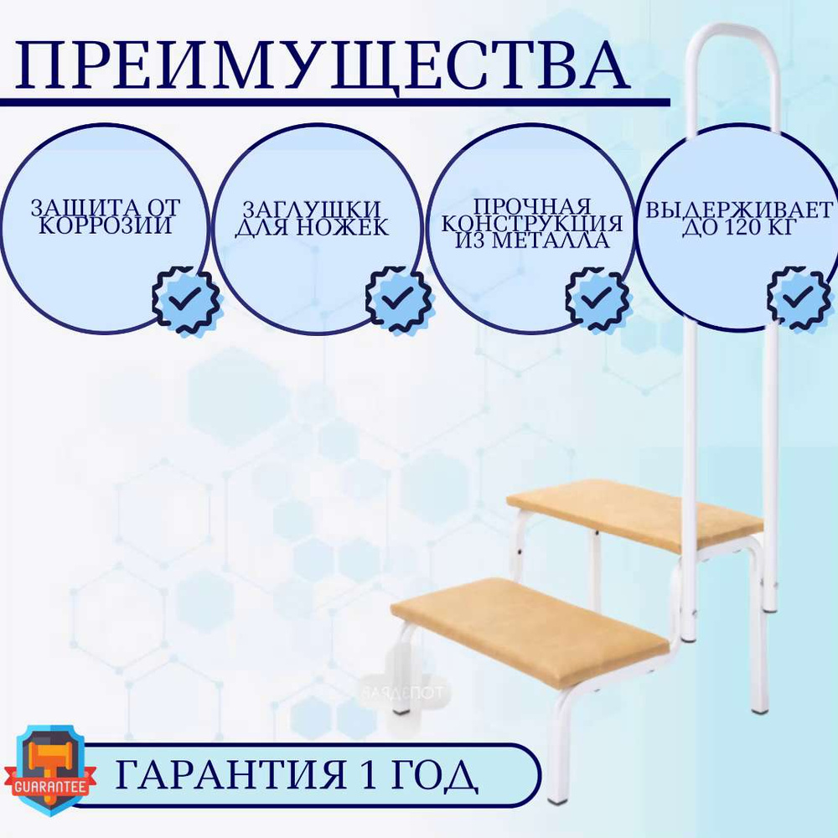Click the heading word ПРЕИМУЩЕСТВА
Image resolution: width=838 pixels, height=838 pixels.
pyautogui.click(x=323, y=65)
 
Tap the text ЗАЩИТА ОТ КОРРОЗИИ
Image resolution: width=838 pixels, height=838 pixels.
pyautogui.click(x=106, y=216)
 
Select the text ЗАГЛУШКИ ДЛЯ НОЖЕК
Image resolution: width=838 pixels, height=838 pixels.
pyautogui.click(x=312, y=218)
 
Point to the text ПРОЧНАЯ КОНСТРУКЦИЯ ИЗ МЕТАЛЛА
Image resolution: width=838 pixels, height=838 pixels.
pyautogui.click(x=532, y=224)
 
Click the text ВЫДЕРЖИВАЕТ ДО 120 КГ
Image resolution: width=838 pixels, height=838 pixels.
pyautogui.click(x=739, y=218)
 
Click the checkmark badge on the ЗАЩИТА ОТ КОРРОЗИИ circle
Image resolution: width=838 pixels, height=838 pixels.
pyautogui.click(x=185, y=299)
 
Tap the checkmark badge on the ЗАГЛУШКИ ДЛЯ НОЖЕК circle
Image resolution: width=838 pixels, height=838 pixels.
pyautogui.click(x=399, y=299)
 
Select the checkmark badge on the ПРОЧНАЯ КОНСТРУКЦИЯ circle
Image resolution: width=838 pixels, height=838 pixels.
pyautogui.click(x=598, y=299)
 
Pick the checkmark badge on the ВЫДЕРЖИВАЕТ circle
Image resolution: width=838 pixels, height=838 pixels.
pyautogui.click(x=799, y=299)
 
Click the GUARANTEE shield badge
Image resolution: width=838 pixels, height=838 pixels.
pyautogui.click(x=50, y=769)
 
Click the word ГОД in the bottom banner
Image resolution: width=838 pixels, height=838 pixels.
pyautogui.click(x=434, y=775)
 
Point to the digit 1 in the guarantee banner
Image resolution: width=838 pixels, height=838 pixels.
pyautogui.click(x=370, y=774)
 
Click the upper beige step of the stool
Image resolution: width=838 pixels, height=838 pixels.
pyautogui.click(x=635, y=515)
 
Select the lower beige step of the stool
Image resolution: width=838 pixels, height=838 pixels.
pyautogui.click(x=530, y=632)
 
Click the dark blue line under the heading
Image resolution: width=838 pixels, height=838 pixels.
pyautogui.click(x=335, y=102)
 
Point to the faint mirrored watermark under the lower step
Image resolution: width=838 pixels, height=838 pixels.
pyautogui.click(x=402, y=693)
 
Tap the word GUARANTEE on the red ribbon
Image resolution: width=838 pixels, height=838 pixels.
pyautogui.click(x=50, y=787)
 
